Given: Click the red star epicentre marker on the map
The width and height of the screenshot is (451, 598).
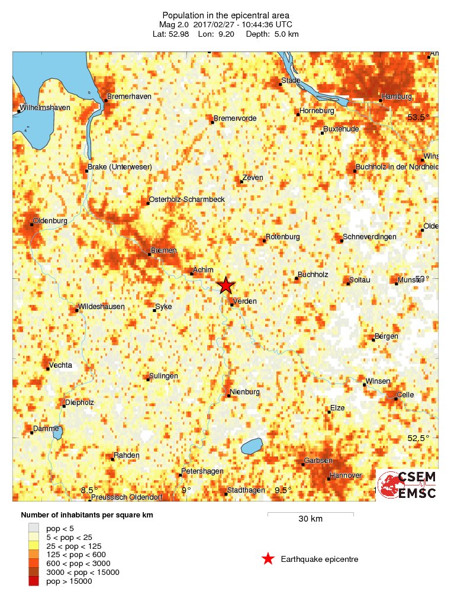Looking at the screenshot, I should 225,285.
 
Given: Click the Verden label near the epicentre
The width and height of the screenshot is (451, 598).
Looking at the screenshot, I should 245,301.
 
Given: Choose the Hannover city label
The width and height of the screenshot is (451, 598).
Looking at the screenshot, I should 346,475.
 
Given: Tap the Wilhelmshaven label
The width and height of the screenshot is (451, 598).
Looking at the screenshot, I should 45,108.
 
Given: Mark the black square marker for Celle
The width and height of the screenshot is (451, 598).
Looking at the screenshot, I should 396,399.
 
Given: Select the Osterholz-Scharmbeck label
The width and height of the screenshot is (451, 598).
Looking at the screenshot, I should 187,200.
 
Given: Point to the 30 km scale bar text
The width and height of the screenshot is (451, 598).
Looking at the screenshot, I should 310,519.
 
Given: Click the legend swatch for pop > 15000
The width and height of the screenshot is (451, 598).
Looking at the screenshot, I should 34,581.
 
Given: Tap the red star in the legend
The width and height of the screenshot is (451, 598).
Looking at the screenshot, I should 268,558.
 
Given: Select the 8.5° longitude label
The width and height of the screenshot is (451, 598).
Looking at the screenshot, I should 89,490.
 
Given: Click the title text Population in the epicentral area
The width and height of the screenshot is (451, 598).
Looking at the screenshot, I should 225,15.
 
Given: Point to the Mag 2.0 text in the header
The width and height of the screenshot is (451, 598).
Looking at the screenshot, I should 172,24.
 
